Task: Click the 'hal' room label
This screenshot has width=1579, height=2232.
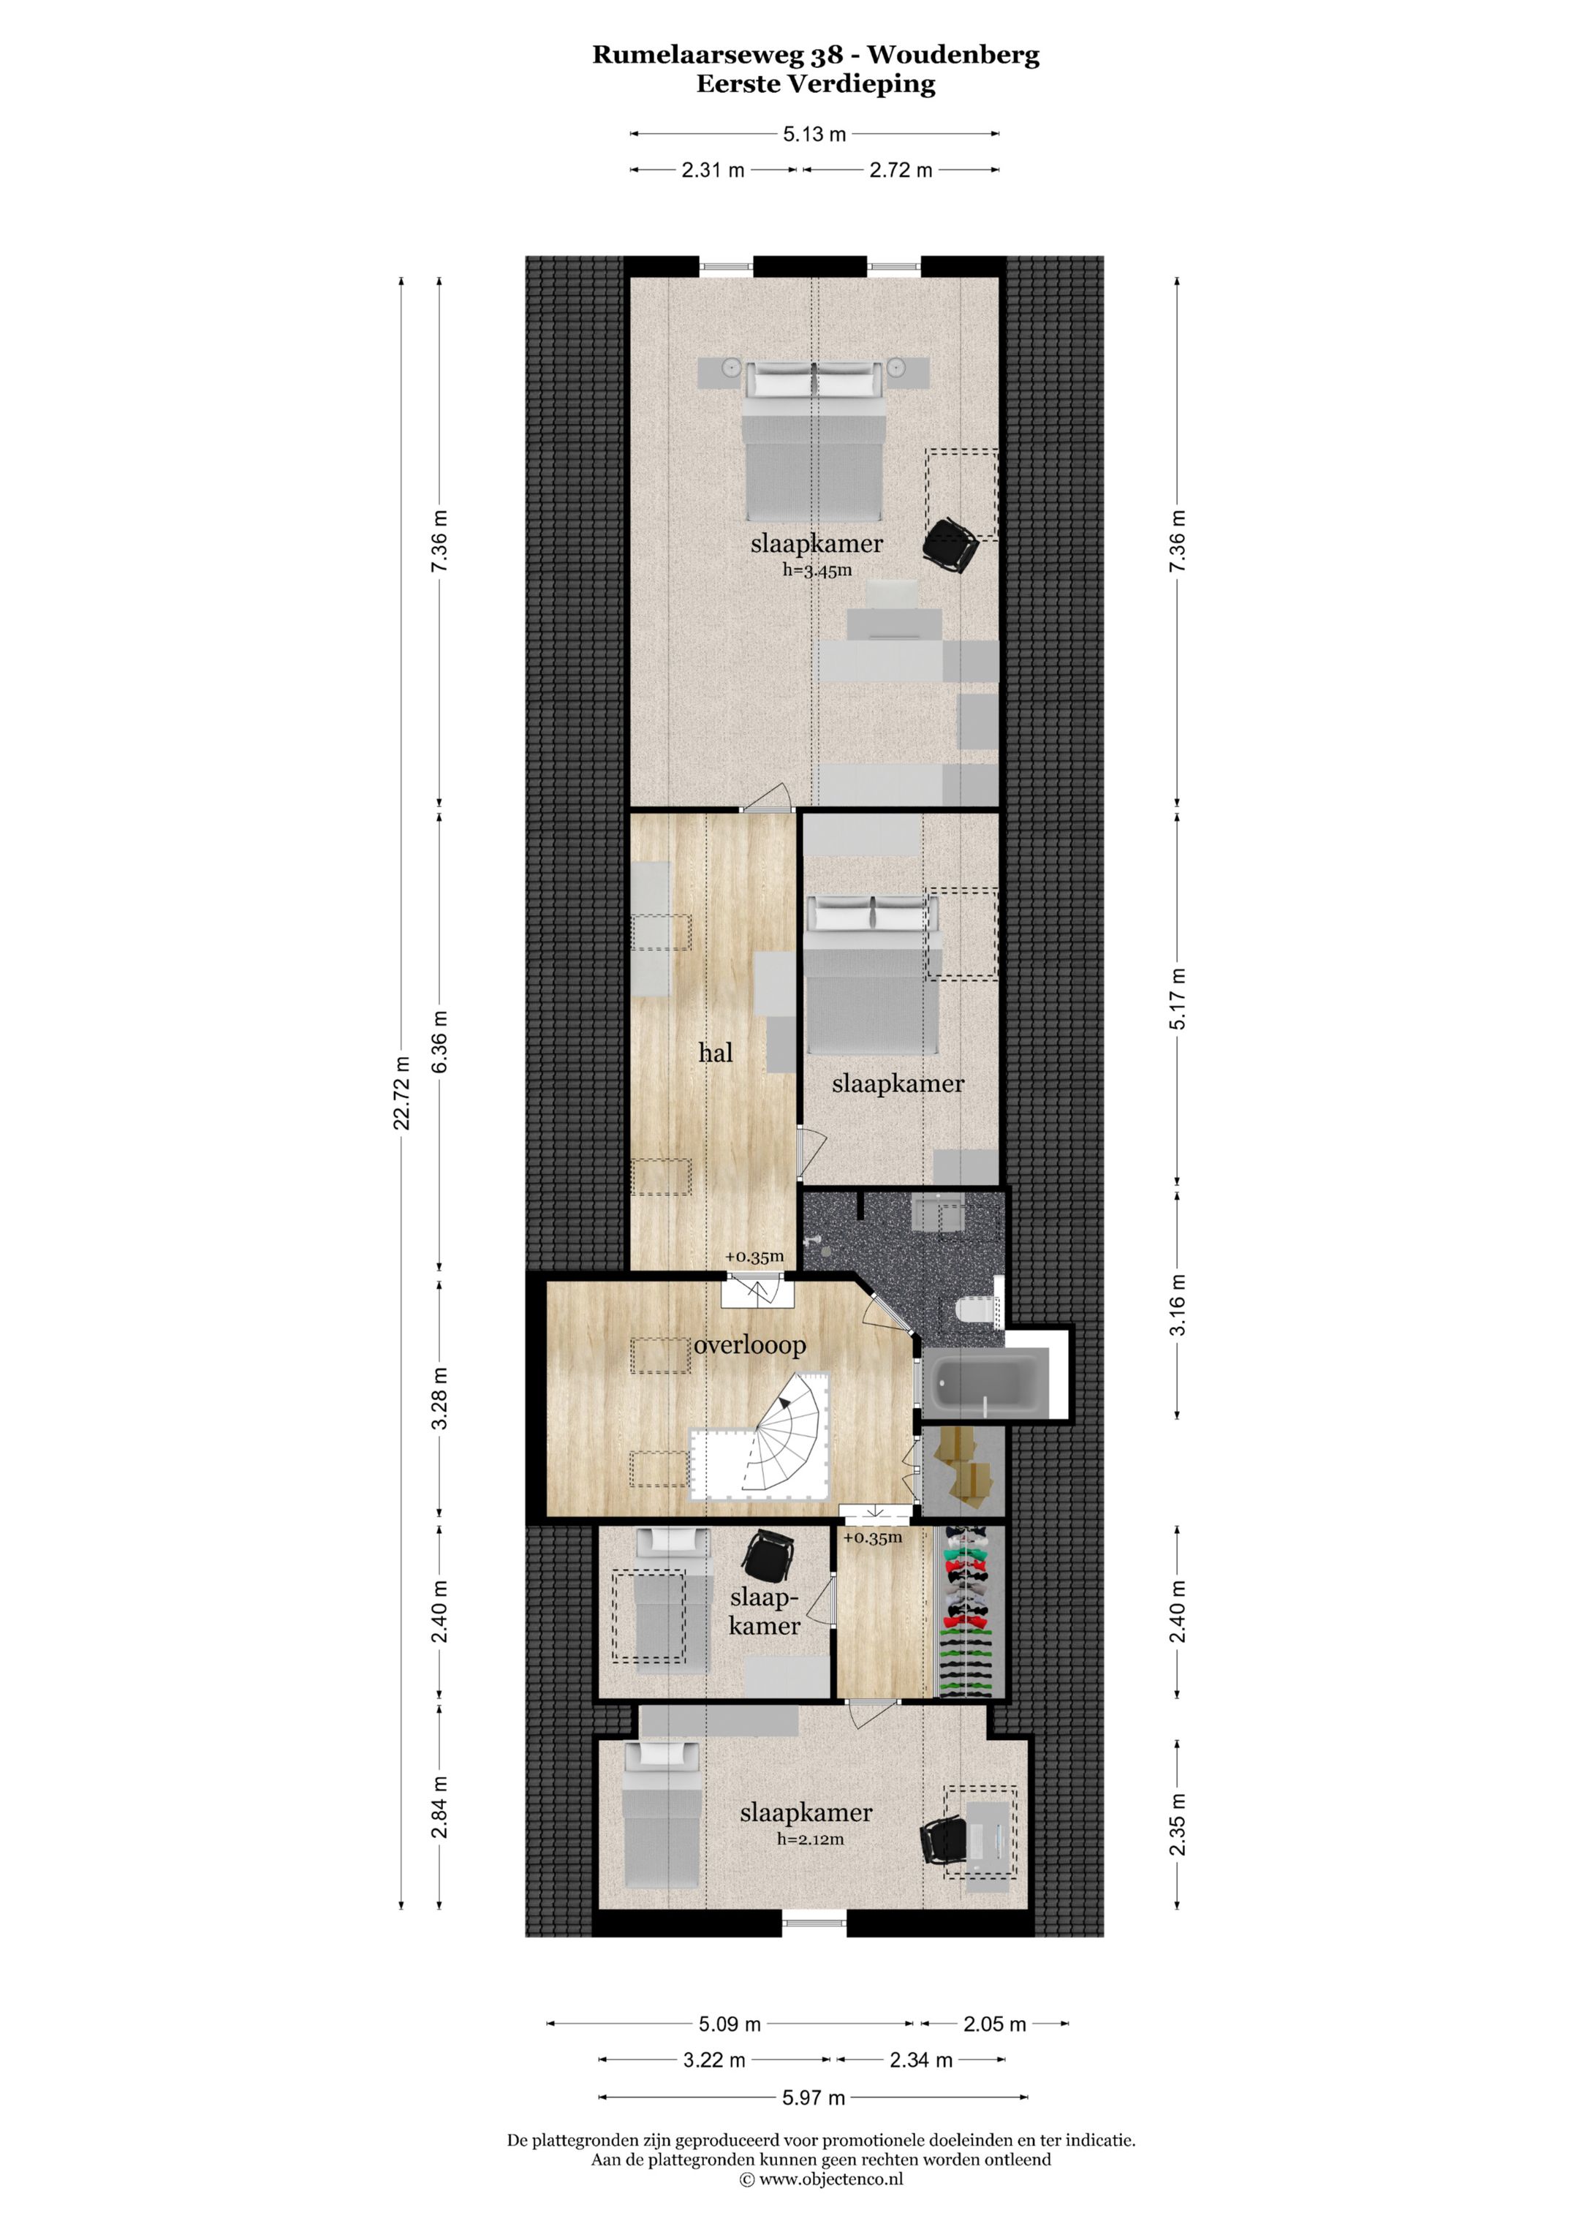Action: coord(716,1052)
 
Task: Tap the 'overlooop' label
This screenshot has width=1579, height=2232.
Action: coord(749,1347)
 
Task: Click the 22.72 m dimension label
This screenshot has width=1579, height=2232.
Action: coord(401,1092)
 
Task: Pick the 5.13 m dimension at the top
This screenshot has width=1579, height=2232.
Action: coord(815,134)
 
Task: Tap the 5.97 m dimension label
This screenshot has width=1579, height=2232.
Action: coord(814,2098)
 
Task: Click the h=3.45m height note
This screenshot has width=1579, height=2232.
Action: coord(817,571)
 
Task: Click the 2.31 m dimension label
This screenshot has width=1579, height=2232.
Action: coord(713,170)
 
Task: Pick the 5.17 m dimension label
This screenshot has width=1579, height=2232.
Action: coord(1178,999)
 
